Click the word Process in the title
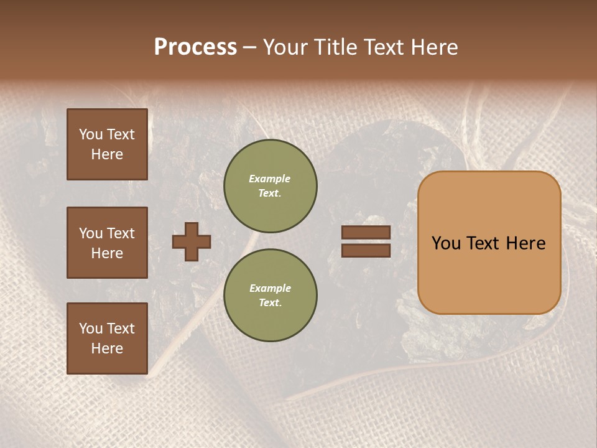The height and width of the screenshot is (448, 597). click(x=195, y=47)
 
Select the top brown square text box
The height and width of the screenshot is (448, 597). click(x=107, y=144)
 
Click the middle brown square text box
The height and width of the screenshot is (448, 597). click(x=107, y=243)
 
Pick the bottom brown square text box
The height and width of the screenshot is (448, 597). click(x=107, y=338)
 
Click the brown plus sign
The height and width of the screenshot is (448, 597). click(x=192, y=241)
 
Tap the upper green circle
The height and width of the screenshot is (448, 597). click(x=271, y=185)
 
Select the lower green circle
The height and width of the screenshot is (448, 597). click(x=271, y=295)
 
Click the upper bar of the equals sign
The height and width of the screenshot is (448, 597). click(x=366, y=233)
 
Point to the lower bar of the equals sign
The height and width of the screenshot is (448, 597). click(x=366, y=250)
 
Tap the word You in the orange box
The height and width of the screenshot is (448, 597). click(x=446, y=243)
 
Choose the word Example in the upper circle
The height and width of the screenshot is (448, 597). click(x=270, y=179)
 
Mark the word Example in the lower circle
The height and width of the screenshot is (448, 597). click(x=270, y=288)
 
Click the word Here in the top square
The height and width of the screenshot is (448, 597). click(x=107, y=154)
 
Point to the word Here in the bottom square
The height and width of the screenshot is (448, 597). click(x=107, y=348)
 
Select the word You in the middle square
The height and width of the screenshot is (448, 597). click(x=91, y=233)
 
